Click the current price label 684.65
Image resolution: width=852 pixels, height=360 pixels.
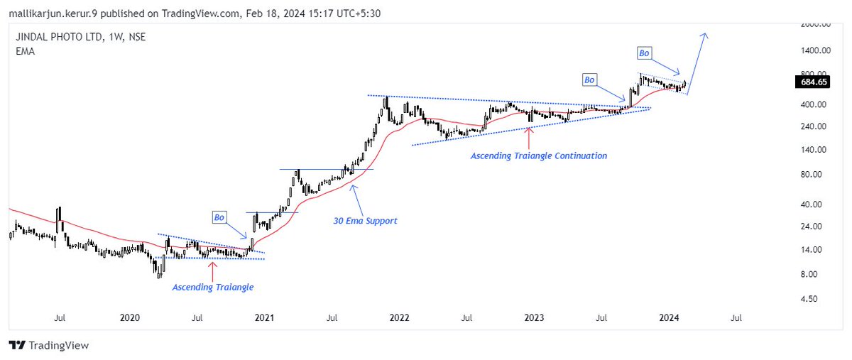click(x=812, y=83)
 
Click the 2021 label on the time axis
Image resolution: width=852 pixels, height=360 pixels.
click(x=264, y=318)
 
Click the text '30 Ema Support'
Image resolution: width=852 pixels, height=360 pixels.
click(x=365, y=221)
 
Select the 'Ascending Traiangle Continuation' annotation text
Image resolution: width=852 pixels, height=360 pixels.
click(x=539, y=156)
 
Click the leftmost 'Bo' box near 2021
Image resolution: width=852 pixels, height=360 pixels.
click(x=219, y=216)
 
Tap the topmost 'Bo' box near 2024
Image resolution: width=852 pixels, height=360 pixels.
click(x=644, y=53)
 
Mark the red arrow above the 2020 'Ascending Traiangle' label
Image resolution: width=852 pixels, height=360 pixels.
click(x=212, y=269)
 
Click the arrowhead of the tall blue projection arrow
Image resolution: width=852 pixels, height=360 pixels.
click(x=705, y=35)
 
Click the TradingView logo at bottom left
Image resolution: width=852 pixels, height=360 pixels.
click(x=49, y=345)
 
